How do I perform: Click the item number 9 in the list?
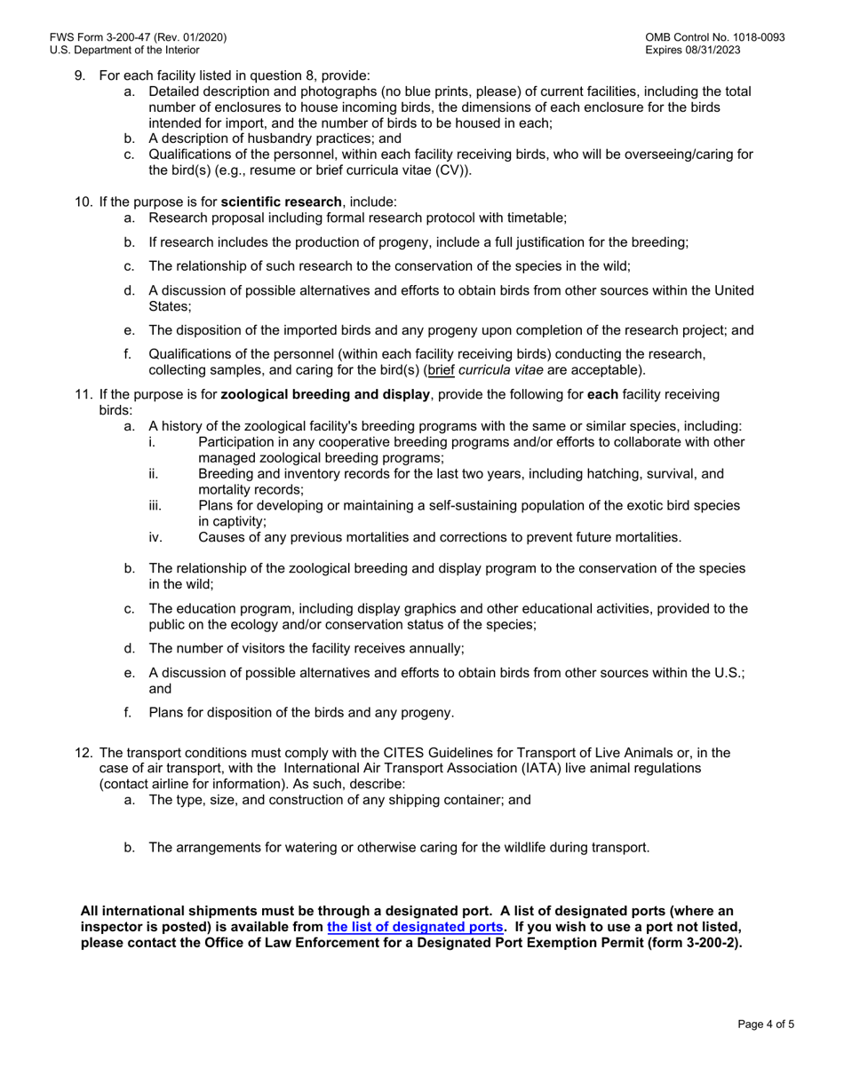[x=79, y=75]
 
